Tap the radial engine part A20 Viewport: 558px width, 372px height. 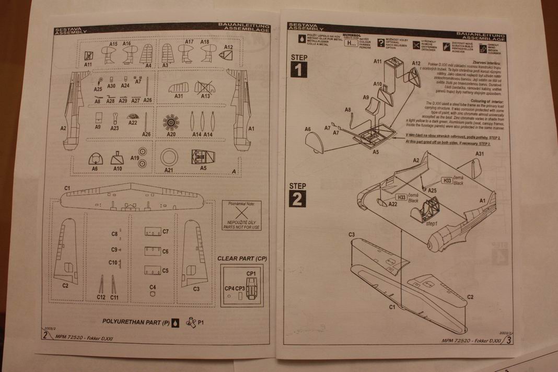pos(170,123)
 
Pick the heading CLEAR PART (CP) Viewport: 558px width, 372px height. pos(242,258)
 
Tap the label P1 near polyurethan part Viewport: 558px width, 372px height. pos(201,322)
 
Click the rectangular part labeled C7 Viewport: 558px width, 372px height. pos(152,231)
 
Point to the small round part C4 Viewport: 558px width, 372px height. pos(152,293)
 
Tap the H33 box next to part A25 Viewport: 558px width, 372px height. pos(447,180)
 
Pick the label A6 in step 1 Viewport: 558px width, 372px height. pos(307,129)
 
